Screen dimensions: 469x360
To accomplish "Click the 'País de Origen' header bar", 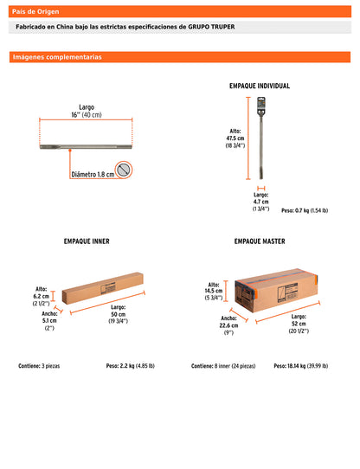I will click(x=179, y=12).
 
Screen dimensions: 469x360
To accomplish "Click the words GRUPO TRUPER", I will click(x=211, y=27).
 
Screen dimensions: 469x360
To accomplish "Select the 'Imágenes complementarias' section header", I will click(x=179, y=57).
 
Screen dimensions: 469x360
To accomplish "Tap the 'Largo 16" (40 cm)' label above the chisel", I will click(x=85, y=111).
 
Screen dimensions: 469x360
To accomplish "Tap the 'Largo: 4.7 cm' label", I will click(x=260, y=202).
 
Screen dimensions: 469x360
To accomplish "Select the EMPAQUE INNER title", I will click(x=87, y=241).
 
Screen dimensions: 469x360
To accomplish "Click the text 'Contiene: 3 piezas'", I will click(x=39, y=366).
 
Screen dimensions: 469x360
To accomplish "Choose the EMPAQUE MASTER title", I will click(x=260, y=241).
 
